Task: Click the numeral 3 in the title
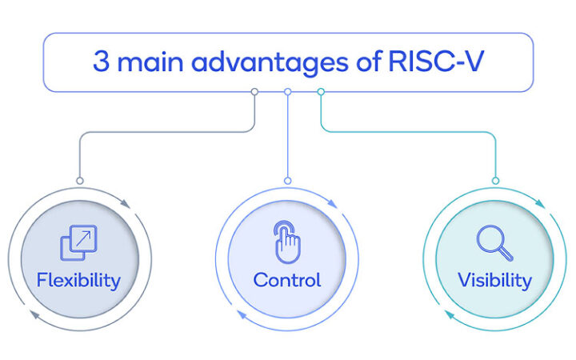101,62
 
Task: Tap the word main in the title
154,62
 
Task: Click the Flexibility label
78,280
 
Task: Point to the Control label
287,280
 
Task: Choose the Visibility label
494,280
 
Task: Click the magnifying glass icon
494,243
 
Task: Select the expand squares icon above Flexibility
78,242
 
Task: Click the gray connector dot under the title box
254,92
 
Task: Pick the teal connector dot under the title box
321,92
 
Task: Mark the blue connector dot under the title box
287,92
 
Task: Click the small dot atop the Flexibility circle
79,181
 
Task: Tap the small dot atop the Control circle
287,181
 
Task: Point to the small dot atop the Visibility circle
495,181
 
